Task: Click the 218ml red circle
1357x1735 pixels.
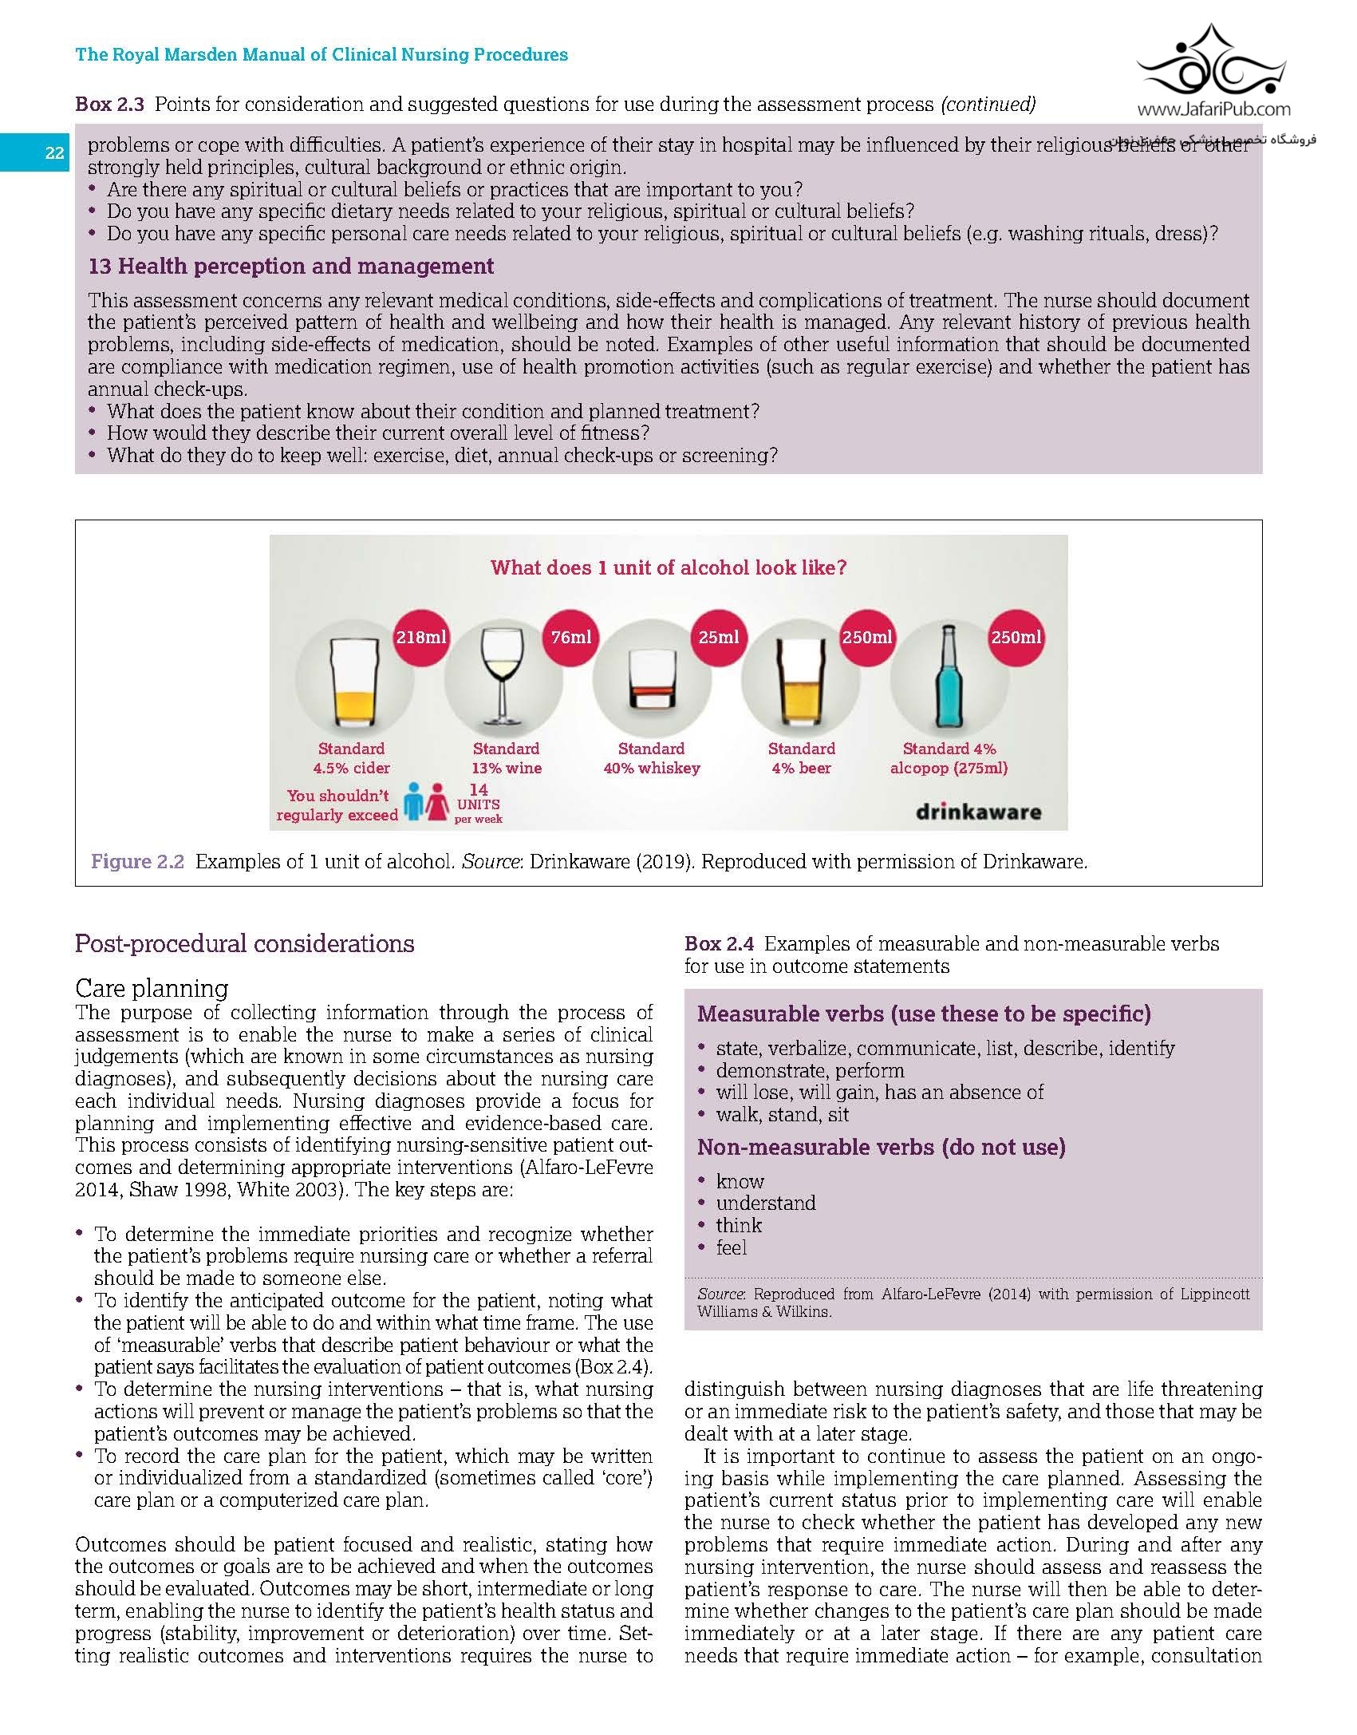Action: point(421,638)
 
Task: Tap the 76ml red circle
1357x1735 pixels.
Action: point(571,638)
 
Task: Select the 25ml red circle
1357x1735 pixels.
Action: point(719,638)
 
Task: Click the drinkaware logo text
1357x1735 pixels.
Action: point(978,812)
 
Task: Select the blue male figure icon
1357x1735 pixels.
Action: point(412,802)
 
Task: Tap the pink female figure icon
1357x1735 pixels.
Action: point(437,802)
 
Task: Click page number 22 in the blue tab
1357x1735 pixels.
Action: point(54,153)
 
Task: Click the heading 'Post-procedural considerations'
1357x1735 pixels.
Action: point(244,943)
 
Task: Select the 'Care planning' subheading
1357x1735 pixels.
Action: point(152,988)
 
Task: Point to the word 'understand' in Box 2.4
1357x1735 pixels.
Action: point(765,1203)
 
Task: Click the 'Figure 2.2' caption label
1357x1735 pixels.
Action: point(137,862)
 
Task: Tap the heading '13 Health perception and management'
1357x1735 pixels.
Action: point(291,266)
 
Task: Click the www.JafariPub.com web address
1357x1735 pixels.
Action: point(1213,109)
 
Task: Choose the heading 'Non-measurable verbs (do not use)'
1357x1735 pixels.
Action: point(881,1147)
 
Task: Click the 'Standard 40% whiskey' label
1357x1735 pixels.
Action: point(651,758)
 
